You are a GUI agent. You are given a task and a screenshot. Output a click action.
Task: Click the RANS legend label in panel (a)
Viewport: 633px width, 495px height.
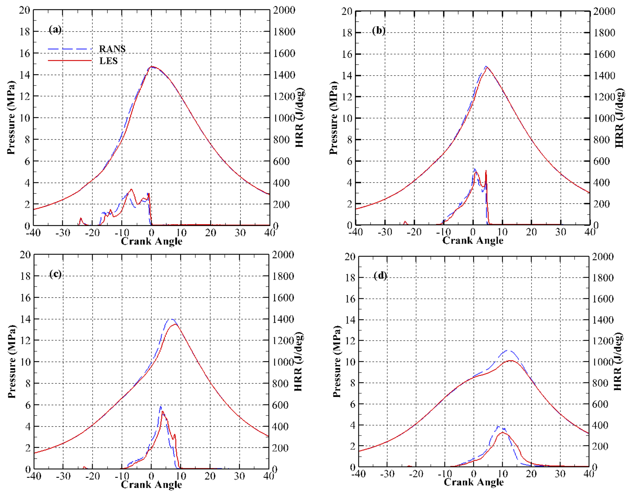coord(112,49)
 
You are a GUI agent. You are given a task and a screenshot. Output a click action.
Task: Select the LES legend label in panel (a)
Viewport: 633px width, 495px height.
coord(108,61)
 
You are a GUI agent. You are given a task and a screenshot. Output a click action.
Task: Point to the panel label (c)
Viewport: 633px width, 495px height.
coord(55,274)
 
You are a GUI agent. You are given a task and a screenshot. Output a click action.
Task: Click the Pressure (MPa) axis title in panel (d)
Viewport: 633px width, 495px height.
coord(337,361)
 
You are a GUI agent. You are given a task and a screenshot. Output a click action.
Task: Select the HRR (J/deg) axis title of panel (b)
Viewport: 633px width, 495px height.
coord(619,118)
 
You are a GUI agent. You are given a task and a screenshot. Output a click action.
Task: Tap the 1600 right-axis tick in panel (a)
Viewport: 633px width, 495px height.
coord(284,53)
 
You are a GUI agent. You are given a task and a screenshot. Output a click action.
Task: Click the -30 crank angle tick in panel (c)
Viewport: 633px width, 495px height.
coord(63,476)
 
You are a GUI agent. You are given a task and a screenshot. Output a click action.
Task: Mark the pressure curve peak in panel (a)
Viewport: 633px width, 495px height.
coord(152,67)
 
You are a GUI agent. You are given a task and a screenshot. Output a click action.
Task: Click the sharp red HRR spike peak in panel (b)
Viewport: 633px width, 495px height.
coord(486,171)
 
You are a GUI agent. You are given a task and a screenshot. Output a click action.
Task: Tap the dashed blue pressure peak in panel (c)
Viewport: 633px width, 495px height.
coord(171,319)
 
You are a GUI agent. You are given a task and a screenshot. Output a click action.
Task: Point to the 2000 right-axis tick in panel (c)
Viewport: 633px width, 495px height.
coord(283,255)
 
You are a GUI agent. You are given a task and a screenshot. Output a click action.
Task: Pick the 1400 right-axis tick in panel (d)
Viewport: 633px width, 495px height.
coord(602,320)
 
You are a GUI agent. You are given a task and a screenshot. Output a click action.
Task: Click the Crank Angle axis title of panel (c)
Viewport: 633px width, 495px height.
coord(151,484)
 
